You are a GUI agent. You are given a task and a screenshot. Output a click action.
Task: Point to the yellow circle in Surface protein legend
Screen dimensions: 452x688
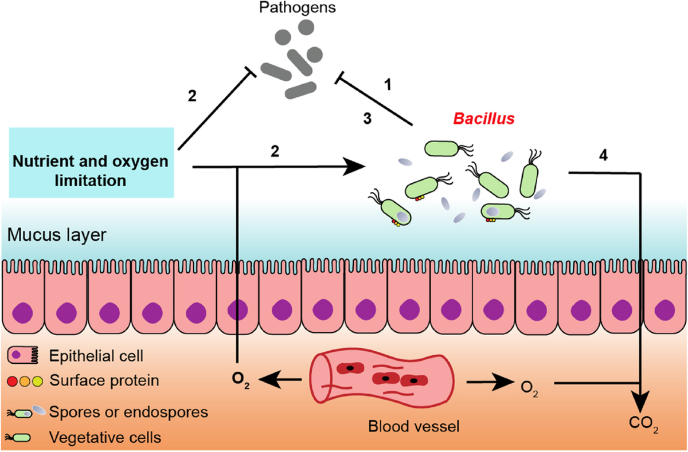(38, 380)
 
